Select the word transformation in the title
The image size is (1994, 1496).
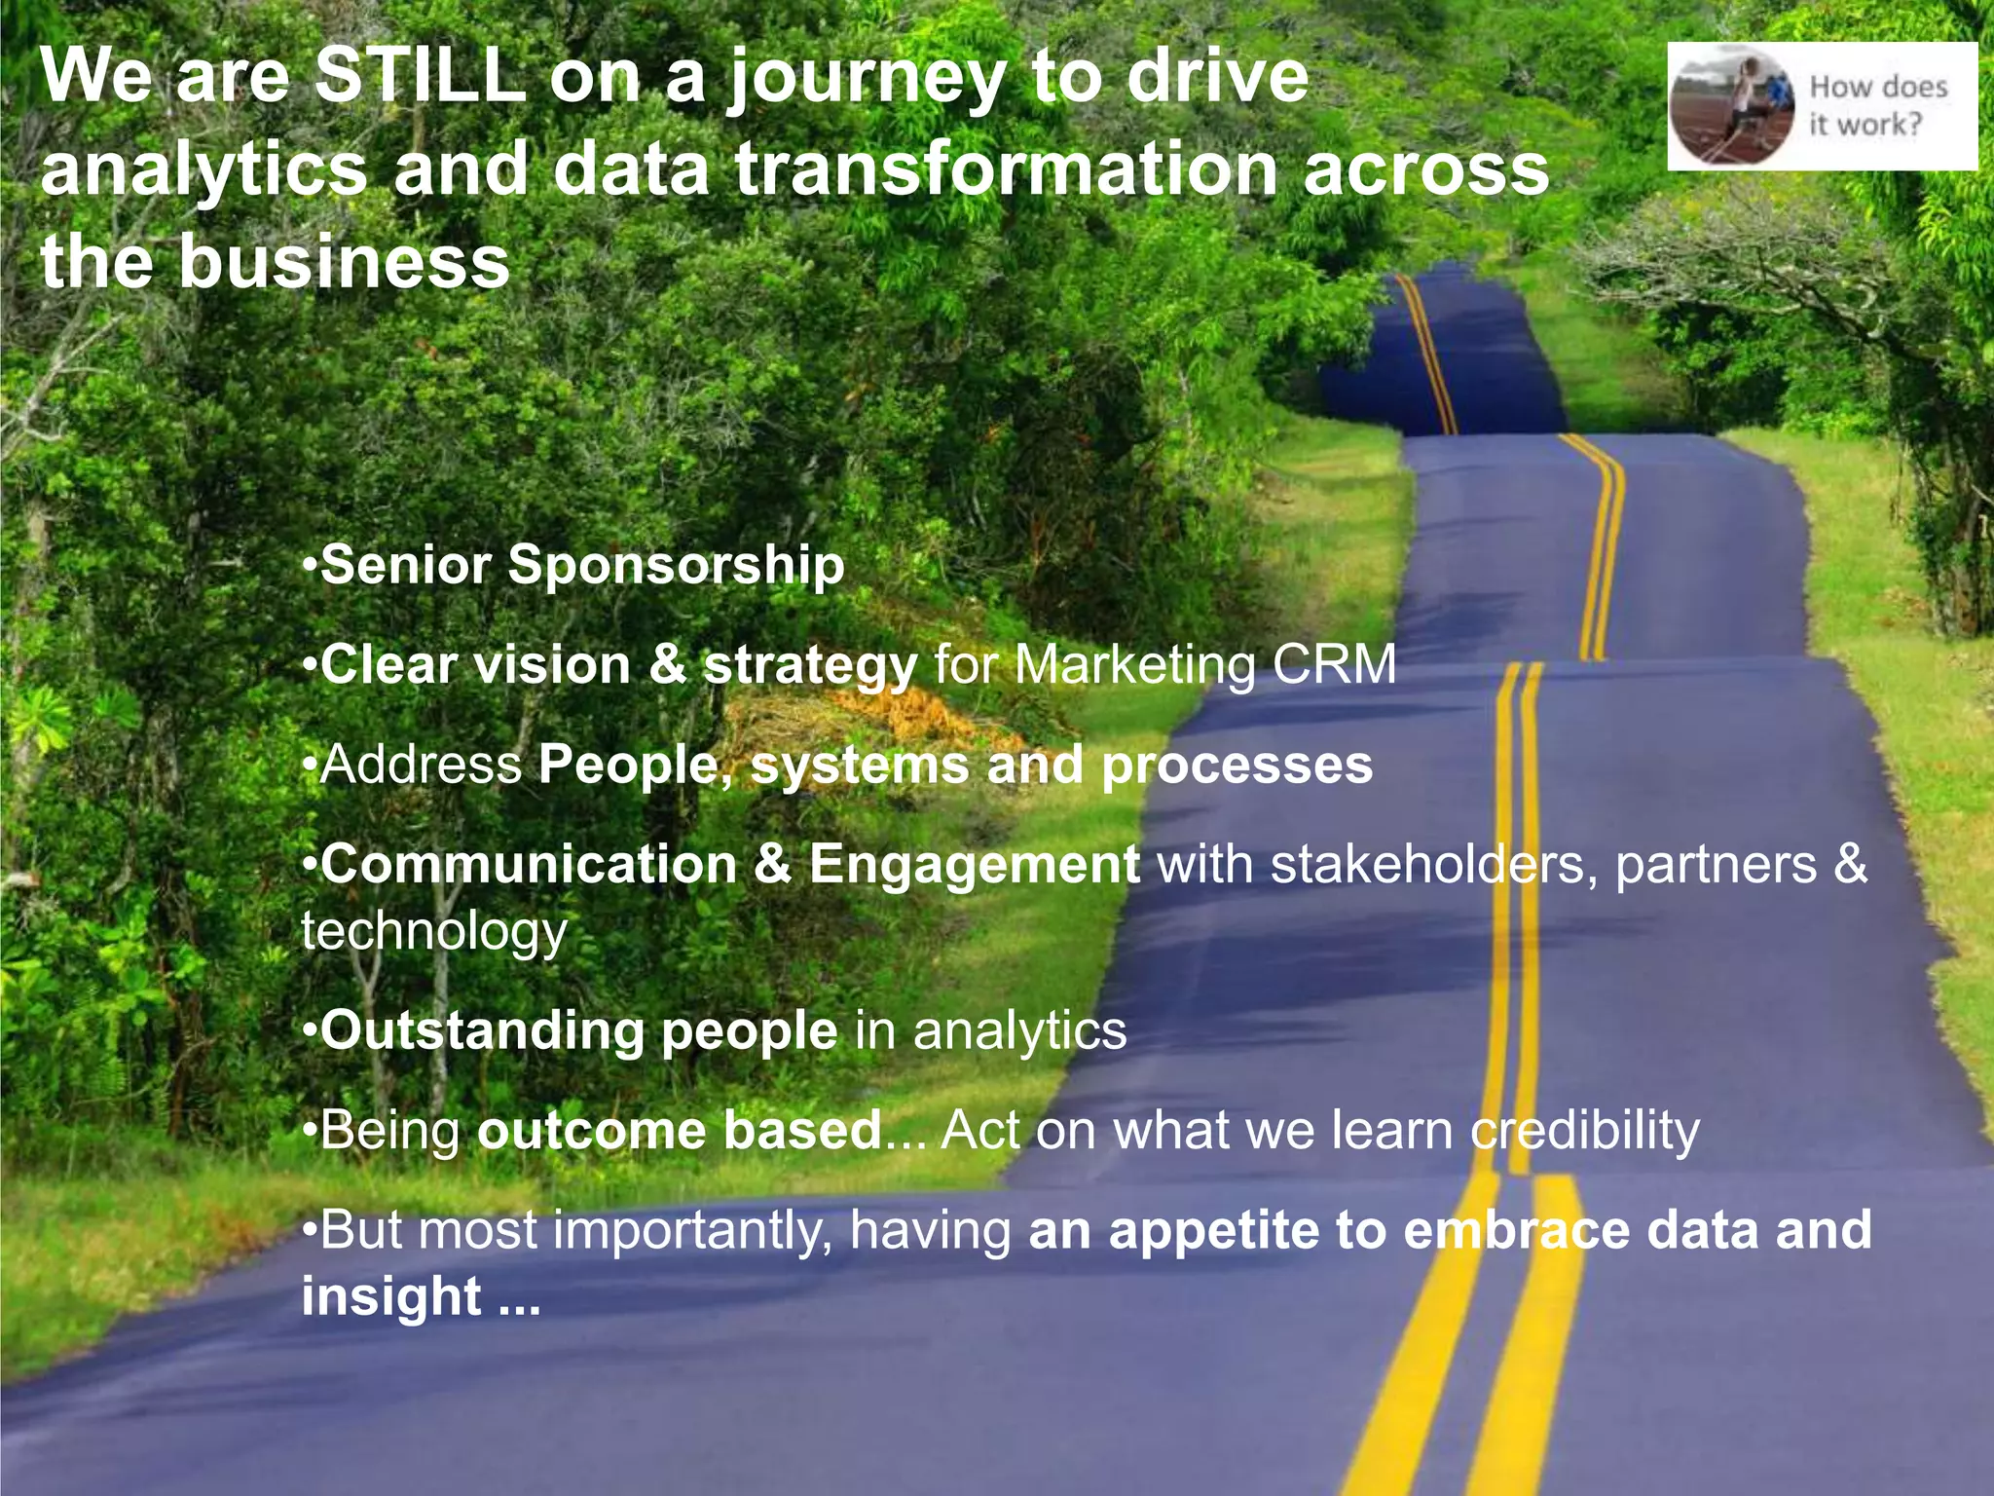[x=1006, y=168]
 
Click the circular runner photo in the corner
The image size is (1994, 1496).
[x=1732, y=105]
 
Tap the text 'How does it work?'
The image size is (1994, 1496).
[x=1877, y=105]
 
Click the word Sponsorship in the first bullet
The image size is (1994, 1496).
[x=677, y=565]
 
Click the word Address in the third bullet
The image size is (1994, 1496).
[x=422, y=765]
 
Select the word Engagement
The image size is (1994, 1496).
[x=974, y=865]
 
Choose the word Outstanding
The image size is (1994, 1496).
[x=482, y=1030]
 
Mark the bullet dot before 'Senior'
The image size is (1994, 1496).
[x=310, y=566]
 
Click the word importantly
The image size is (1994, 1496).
[x=692, y=1231]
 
